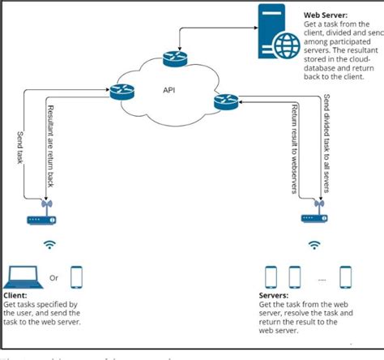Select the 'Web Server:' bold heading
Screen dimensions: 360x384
[326, 14]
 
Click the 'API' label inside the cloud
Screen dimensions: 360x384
[169, 89]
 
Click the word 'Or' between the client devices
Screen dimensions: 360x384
[54, 278]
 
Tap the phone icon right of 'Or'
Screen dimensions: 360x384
[78, 277]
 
